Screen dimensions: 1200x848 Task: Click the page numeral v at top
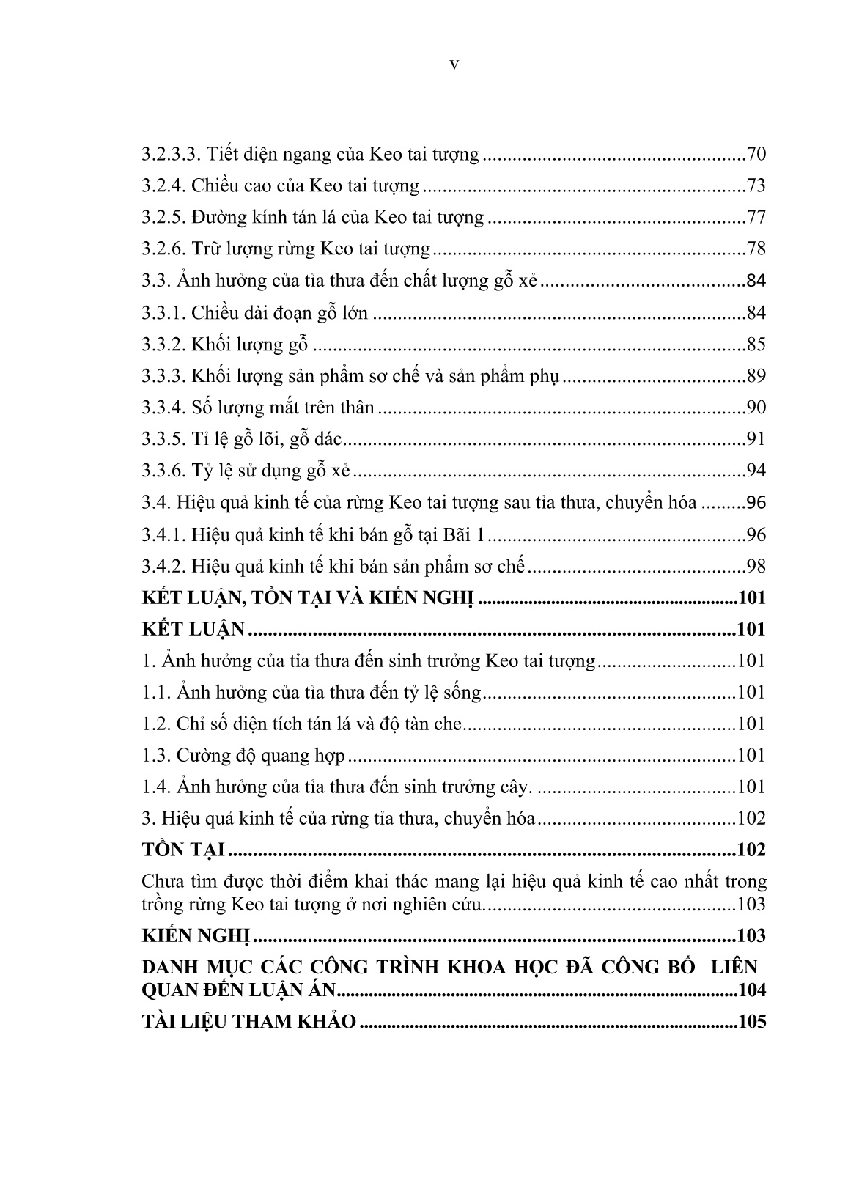click(x=454, y=65)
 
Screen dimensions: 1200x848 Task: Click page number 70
click(x=756, y=155)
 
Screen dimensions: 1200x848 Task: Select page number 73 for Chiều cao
click(x=756, y=186)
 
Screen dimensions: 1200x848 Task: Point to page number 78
click(x=756, y=249)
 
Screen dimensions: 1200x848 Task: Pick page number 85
click(x=756, y=345)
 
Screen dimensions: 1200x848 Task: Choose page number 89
click(x=756, y=377)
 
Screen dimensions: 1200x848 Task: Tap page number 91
click(x=756, y=440)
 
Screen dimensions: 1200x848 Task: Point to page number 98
click(x=756, y=567)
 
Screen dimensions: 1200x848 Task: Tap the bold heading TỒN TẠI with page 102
click(x=183, y=850)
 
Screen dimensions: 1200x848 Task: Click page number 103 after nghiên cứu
click(x=751, y=905)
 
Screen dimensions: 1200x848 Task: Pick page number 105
click(x=752, y=1023)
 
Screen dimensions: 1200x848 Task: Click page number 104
click(x=752, y=990)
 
